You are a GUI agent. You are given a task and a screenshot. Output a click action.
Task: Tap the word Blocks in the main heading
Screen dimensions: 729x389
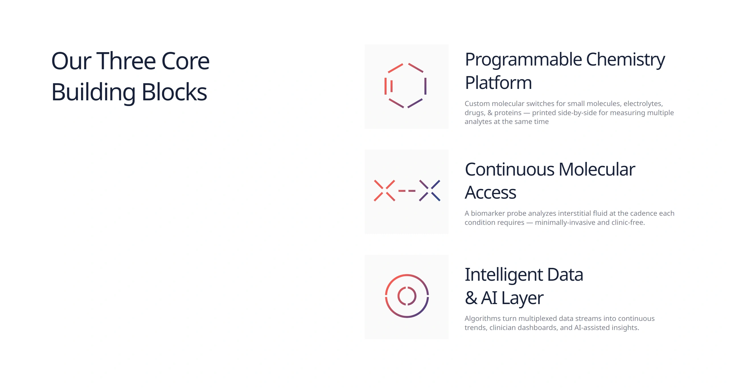click(174, 92)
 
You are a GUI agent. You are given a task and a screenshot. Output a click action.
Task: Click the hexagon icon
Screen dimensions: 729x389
click(406, 85)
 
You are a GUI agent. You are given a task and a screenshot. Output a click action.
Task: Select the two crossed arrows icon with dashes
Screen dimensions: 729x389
click(407, 191)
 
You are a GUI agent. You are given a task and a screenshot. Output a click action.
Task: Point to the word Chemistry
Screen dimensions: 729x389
click(625, 60)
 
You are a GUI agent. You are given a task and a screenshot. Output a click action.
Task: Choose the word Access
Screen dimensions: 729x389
click(490, 193)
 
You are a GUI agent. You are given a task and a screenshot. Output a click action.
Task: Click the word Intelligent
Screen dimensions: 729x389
click(504, 276)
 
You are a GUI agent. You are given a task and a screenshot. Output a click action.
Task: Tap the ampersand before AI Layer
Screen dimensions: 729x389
click(471, 298)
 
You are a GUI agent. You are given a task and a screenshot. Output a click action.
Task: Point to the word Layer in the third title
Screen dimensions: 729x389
click(522, 299)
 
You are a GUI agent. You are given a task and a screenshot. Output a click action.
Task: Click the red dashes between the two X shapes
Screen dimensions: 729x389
click(407, 191)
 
